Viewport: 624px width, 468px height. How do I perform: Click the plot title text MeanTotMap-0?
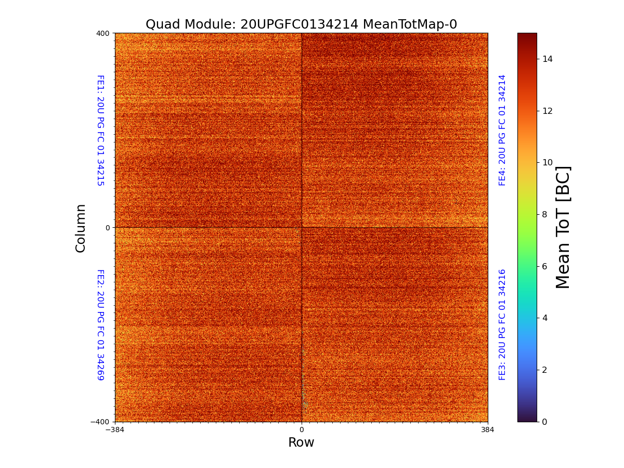(x=410, y=24)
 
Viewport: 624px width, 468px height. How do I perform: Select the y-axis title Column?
(x=81, y=228)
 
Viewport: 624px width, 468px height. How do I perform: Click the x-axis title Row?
(x=301, y=443)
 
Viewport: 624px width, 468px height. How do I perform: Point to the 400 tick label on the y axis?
(x=103, y=33)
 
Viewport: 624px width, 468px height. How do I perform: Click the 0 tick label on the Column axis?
(x=108, y=228)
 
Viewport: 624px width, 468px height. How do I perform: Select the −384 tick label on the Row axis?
(x=115, y=430)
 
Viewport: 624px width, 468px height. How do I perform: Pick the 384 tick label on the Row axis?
(x=488, y=430)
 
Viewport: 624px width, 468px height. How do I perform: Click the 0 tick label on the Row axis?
(x=302, y=430)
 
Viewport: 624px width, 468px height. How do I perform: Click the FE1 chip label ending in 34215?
(x=100, y=131)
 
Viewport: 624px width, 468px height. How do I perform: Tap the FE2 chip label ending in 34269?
(x=100, y=324)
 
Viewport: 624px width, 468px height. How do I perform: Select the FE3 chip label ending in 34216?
(x=502, y=324)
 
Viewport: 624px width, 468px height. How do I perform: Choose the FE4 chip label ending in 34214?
(x=502, y=130)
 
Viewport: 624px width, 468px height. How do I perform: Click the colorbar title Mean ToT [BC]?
(x=563, y=227)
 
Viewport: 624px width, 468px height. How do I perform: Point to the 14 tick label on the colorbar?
(x=548, y=59)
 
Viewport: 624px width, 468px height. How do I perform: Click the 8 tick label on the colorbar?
(x=545, y=214)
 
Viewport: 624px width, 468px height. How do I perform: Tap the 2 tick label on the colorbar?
(x=545, y=370)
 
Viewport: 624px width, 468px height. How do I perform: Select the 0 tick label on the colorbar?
(x=545, y=422)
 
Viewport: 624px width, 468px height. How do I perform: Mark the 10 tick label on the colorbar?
(x=548, y=163)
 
